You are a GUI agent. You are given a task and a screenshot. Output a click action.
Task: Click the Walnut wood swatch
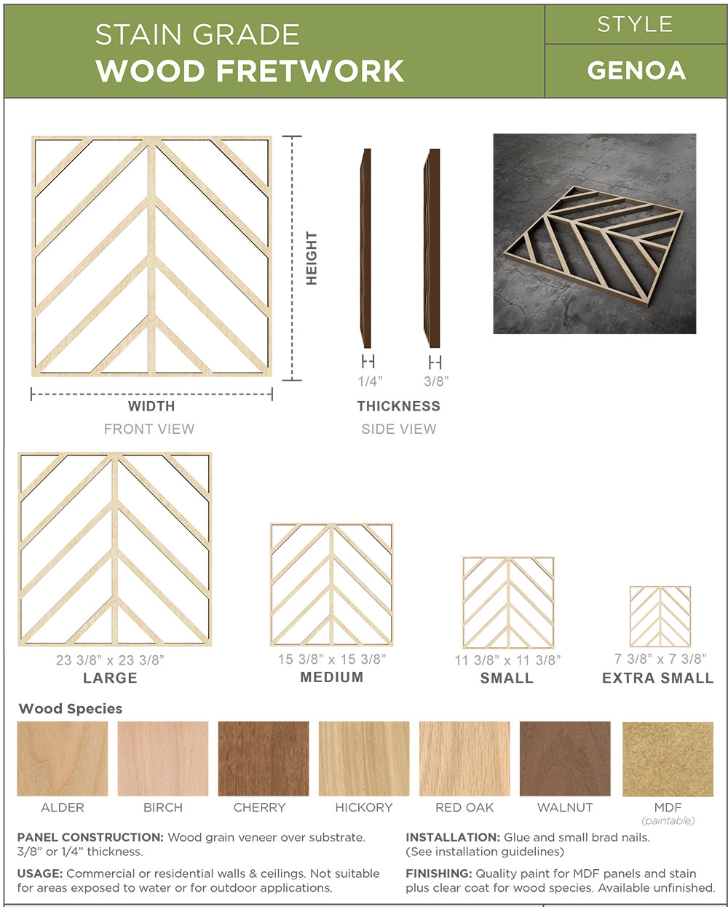coord(565,759)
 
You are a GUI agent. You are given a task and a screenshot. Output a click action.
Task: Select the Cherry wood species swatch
coord(264,759)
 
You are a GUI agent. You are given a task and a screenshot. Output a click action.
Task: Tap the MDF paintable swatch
coord(668,759)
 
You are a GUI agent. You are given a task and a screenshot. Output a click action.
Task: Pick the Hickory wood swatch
coord(364,759)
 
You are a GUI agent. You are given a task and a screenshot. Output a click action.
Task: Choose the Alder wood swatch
coord(63,759)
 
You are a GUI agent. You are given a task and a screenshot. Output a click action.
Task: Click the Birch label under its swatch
coord(163,807)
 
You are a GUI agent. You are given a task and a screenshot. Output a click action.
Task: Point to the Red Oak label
coord(464,807)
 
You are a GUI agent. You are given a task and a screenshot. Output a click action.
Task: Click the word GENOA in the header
coord(636,71)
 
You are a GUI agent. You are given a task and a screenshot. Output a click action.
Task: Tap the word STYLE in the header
coord(635,25)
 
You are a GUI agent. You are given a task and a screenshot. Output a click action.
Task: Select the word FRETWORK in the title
coord(310,71)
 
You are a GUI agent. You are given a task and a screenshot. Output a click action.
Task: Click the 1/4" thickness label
coord(370,381)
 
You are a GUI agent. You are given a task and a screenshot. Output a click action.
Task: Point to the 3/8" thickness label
coord(436,381)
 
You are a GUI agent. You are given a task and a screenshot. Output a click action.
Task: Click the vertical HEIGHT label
coord(311,258)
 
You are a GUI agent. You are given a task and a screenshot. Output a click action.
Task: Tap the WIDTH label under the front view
coord(151,406)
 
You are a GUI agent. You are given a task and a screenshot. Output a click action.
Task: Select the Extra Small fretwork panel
coord(660,616)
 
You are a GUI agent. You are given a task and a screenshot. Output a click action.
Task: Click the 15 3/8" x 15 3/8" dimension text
coord(332,660)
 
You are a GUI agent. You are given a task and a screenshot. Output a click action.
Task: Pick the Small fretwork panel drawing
coord(508,603)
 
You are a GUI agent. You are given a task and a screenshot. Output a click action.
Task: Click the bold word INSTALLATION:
coord(453,837)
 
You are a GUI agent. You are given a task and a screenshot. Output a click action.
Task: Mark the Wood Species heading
coord(71,708)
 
